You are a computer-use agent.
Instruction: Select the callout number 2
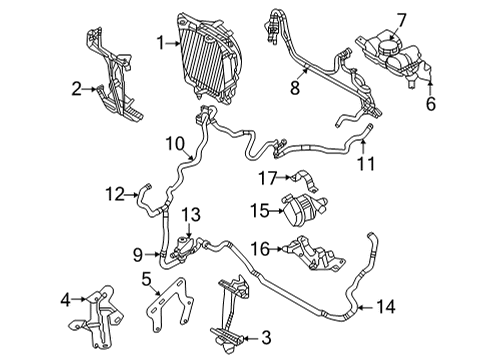(x=76, y=89)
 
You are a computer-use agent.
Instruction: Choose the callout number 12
(x=116, y=194)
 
